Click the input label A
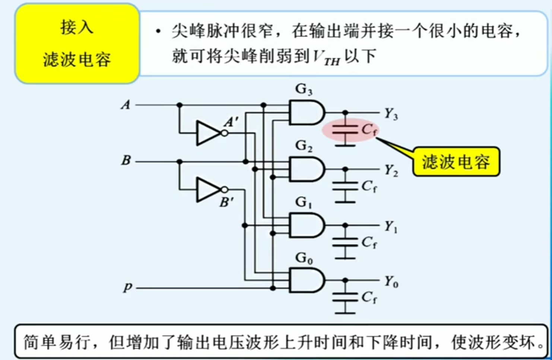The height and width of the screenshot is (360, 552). pos(126,105)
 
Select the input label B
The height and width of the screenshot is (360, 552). pos(126,160)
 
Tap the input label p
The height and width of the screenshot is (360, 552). pos(127,287)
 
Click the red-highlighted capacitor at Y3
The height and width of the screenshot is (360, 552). pos(345,130)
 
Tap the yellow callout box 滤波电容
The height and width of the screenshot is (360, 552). pos(456,162)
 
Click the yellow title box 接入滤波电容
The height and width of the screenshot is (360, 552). pos(77,44)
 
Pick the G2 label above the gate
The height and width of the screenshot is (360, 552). pos(304,146)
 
